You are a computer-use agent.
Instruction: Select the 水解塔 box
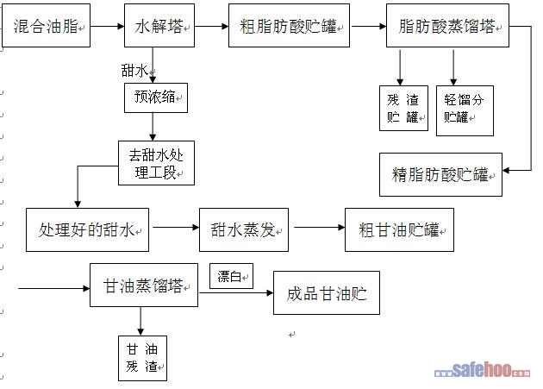point(157,27)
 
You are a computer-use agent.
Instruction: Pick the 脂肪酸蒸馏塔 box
point(447,27)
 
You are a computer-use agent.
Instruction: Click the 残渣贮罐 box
point(403,108)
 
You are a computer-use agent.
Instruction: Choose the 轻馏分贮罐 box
point(465,110)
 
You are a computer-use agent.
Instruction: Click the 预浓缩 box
point(155,98)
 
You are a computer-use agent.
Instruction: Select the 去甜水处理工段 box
point(156,162)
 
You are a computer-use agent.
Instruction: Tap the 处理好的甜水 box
point(88,229)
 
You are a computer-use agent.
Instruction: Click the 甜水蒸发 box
point(244,229)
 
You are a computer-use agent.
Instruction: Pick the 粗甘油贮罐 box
point(399,229)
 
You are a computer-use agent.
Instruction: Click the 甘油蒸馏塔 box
point(144,285)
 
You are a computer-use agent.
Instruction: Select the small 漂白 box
point(231,277)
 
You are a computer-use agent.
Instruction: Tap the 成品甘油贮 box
point(327,293)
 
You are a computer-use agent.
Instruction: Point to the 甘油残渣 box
point(142,358)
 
